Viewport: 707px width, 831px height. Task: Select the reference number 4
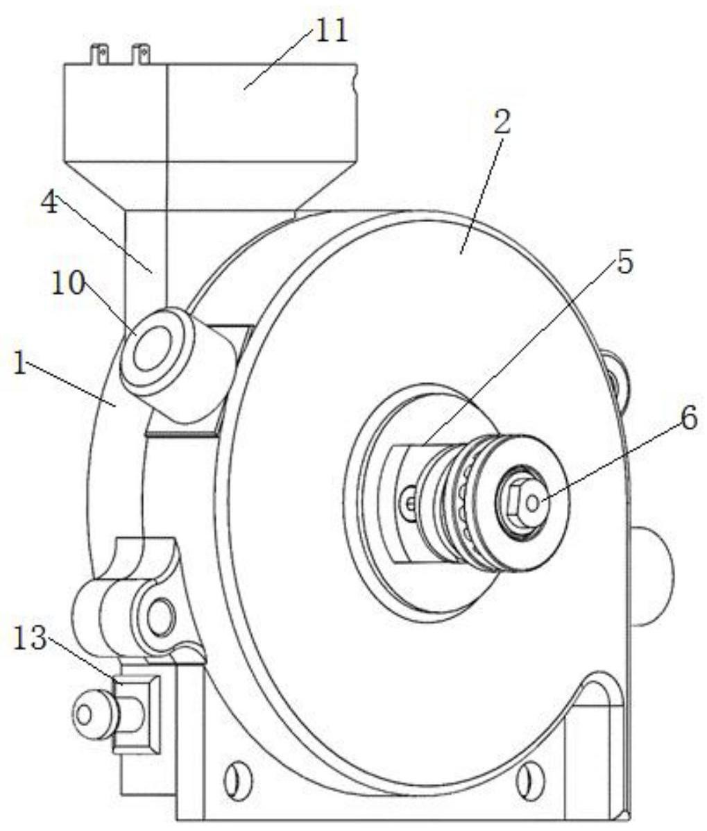coord(50,203)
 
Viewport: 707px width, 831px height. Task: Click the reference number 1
coord(19,365)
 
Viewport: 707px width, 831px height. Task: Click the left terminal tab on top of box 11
coord(99,55)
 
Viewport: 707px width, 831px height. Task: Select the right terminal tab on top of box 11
coord(140,55)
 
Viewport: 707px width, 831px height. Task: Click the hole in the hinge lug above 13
coord(160,615)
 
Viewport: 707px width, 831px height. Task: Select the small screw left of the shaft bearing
coord(409,501)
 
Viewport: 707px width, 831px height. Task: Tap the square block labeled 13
coord(136,714)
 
